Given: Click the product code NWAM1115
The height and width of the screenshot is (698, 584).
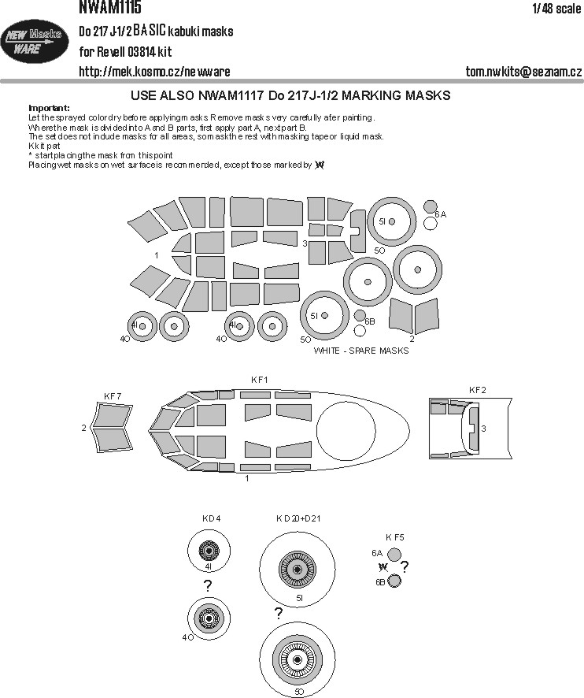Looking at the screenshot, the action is coord(110,6).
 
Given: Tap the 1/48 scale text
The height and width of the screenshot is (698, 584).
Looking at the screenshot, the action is coord(556,9).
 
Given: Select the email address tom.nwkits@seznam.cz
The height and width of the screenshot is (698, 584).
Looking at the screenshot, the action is coord(523,71).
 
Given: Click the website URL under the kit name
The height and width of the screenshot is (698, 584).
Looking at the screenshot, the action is coord(154,71).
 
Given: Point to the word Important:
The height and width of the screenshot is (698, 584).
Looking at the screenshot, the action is coord(49,108).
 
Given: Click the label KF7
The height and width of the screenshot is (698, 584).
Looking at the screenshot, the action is coord(113,396).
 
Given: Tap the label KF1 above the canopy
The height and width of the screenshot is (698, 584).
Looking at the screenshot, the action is coord(259,380).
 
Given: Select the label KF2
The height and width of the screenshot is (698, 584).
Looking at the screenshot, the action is coord(477,390).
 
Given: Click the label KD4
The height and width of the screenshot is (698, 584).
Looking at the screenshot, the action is coord(211,518).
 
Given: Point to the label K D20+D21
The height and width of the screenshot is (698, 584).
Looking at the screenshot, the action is coord(298,518).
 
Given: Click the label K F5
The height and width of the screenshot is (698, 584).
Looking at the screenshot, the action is coord(395,537).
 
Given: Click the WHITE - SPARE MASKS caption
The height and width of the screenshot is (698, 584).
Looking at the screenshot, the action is coord(361,351).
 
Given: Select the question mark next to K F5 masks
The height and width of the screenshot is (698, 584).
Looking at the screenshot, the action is coord(405,566).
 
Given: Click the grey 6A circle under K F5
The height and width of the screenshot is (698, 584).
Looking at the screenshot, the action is coord(394,555).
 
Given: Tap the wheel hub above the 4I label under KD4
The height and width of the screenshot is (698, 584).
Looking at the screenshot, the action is coord(208,551).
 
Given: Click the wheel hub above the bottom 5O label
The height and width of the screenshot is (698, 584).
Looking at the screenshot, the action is coord(298,659).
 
